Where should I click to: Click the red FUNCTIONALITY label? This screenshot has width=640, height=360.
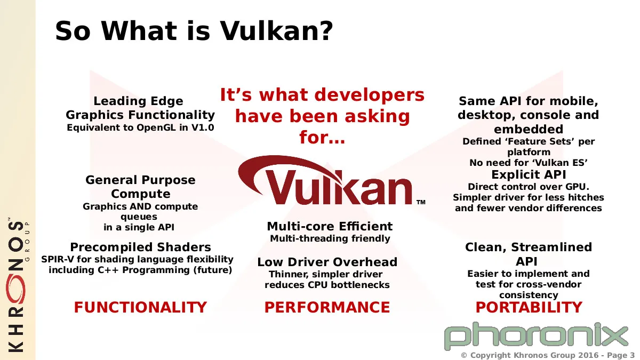(x=140, y=307)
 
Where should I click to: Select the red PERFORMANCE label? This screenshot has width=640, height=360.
(x=327, y=307)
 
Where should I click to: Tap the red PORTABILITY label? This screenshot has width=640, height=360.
(x=529, y=307)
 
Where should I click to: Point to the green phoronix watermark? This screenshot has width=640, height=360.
(x=536, y=337)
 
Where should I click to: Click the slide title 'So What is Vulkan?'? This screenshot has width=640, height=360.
(x=194, y=31)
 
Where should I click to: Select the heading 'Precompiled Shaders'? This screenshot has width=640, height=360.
(x=141, y=247)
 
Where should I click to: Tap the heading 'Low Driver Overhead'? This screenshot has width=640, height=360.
(x=327, y=262)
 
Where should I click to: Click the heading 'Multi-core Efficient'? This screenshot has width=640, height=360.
(x=330, y=226)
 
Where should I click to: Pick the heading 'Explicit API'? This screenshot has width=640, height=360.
(x=529, y=174)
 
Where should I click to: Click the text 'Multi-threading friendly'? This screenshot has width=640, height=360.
(x=330, y=238)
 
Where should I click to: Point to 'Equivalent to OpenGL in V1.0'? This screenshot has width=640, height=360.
(x=140, y=127)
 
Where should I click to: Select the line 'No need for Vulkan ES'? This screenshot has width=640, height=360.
(x=529, y=163)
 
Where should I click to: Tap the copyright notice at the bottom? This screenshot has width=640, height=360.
(x=548, y=355)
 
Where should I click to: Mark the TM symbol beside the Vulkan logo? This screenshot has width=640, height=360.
(x=421, y=202)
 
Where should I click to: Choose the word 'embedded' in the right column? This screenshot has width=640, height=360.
(x=529, y=129)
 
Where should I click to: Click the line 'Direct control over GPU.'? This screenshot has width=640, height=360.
(x=529, y=187)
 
